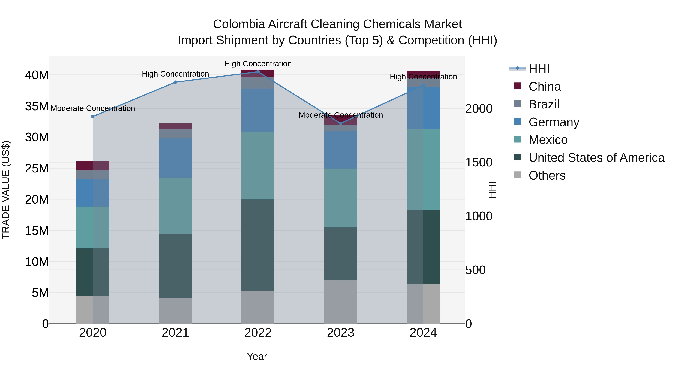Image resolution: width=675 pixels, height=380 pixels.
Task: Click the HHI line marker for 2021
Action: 175,82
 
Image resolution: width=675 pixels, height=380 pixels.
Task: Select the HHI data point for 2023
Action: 340,123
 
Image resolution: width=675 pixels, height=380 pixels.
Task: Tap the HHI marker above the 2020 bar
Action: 93,116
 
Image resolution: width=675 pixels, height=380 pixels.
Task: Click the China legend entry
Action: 544,87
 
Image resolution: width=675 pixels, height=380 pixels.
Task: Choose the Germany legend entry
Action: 553,122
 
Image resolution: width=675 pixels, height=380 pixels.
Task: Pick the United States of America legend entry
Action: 596,158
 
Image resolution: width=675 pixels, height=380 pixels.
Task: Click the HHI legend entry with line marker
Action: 538,69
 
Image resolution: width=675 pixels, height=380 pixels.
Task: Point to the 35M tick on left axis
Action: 37,106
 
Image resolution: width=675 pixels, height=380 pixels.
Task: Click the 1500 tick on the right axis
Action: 478,162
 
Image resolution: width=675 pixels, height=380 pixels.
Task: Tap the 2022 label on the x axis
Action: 258,333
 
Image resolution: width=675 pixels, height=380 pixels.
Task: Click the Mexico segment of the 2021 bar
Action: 175,206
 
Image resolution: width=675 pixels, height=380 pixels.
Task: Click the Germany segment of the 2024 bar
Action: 423,108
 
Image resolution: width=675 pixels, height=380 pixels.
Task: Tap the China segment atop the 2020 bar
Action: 93,166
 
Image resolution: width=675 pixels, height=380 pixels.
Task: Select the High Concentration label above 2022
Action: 258,64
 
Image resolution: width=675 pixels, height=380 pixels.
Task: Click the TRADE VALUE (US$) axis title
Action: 6,190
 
